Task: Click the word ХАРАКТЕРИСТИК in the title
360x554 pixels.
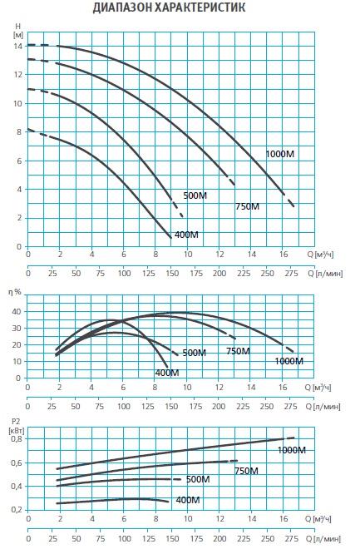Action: point(200,7)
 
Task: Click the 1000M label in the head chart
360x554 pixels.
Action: point(280,154)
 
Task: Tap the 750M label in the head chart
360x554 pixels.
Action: point(247,206)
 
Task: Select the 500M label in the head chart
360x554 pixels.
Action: point(195,195)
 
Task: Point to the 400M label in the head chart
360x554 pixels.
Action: point(186,235)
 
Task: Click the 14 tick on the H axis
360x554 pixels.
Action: point(18,47)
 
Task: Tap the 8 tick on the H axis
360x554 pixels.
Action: point(19,131)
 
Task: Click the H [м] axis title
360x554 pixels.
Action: point(18,31)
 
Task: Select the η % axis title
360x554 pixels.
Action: point(14,292)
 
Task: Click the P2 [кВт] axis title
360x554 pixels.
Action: point(17,426)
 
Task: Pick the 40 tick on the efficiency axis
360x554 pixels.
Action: point(17,312)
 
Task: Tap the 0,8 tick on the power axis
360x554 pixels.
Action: point(17,439)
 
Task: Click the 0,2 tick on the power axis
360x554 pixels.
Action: point(17,510)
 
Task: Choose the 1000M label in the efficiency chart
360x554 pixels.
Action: point(289,361)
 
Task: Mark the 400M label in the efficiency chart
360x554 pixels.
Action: point(167,373)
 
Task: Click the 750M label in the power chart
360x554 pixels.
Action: point(247,471)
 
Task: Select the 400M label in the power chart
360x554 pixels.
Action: point(188,500)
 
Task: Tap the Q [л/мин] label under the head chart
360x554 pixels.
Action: point(325,274)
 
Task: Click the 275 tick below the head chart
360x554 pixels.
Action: point(291,274)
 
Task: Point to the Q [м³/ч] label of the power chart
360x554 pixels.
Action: point(318,519)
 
